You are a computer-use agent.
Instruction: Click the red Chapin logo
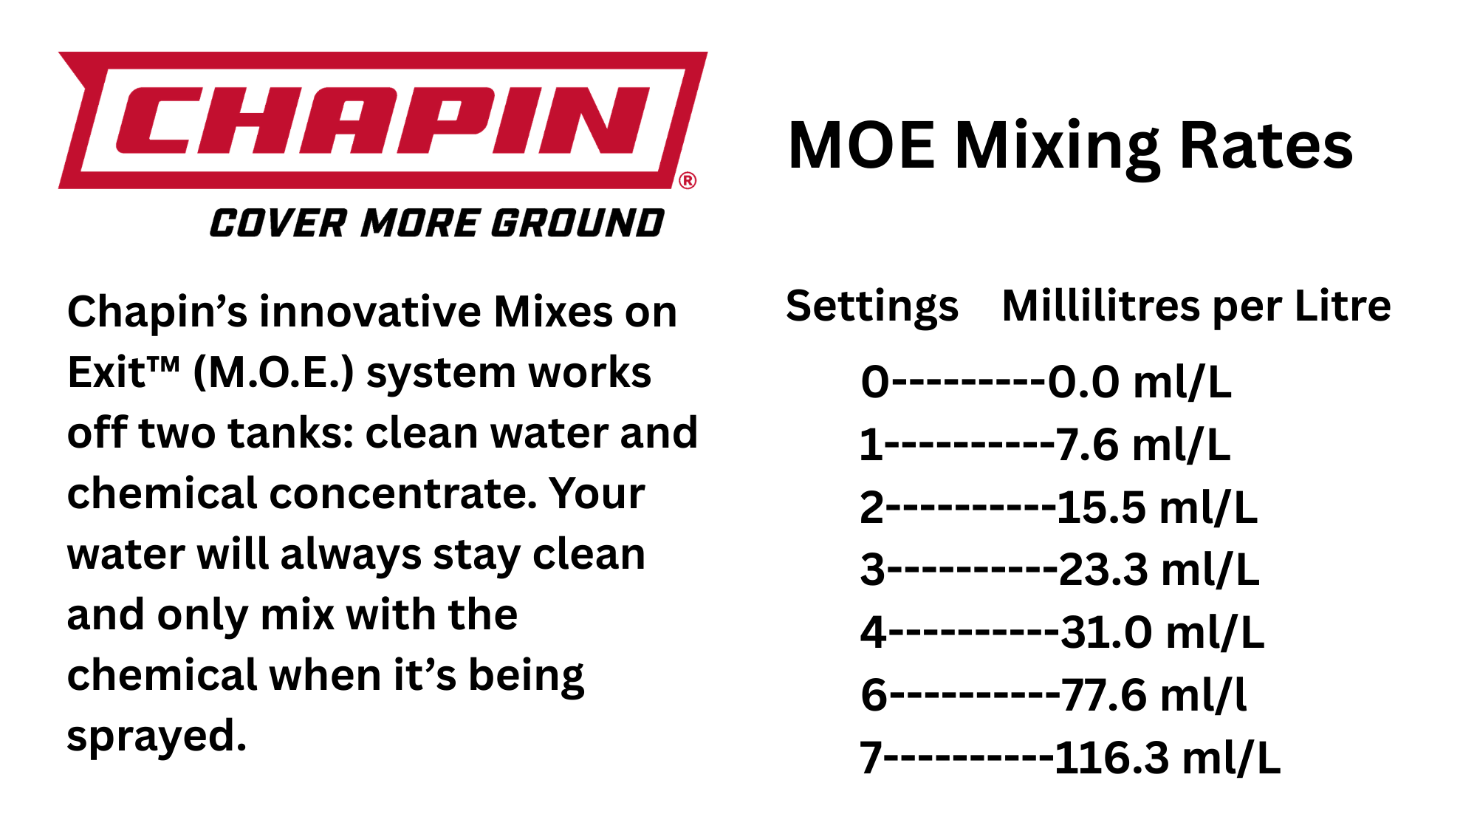point(383,120)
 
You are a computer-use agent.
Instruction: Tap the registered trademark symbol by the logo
point(688,181)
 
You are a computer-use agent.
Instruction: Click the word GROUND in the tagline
point(578,223)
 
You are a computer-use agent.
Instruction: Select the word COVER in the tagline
point(278,223)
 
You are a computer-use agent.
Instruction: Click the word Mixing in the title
point(1058,148)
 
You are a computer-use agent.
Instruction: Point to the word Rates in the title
point(1266,146)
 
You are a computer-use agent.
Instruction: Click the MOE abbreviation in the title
point(862,146)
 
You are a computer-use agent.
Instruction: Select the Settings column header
point(872,307)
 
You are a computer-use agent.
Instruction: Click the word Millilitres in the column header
point(1103,306)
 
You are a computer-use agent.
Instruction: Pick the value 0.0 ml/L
point(1140,383)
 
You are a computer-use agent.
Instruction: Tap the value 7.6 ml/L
point(1143,445)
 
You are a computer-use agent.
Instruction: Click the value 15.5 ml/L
point(1157,508)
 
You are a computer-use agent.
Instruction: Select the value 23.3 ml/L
point(1159,570)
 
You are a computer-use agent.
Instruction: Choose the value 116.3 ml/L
point(1168,758)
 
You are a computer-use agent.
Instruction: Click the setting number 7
point(871,759)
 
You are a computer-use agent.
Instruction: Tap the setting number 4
point(874,633)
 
